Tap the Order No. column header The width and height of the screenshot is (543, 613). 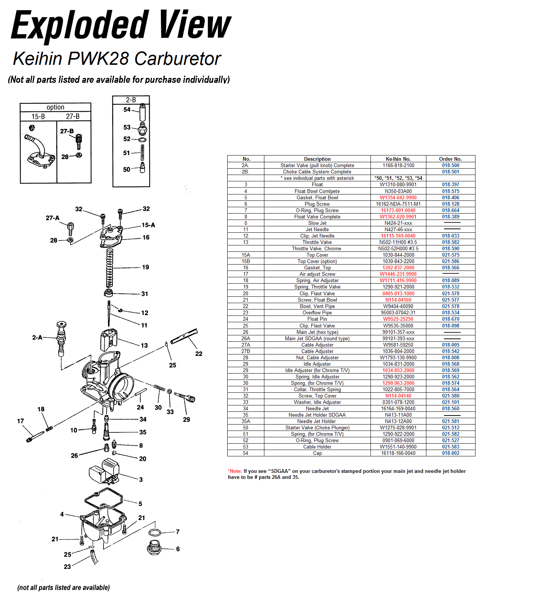pyautogui.click(x=450, y=159)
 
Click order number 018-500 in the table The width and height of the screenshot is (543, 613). pyautogui.click(x=450, y=165)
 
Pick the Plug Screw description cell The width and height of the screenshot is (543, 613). pyautogui.click(x=317, y=204)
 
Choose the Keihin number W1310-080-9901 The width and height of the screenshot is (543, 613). pyautogui.click(x=398, y=184)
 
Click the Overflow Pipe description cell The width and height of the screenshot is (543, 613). pyautogui.click(x=317, y=312)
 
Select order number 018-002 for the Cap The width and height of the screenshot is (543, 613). pyautogui.click(x=450, y=453)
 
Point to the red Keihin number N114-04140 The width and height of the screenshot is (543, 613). pyautogui.click(x=398, y=396)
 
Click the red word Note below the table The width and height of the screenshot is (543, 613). pyautogui.click(x=236, y=471)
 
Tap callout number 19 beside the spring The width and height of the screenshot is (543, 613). pyautogui.click(x=145, y=267)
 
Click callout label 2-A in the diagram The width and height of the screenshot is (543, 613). pyautogui.click(x=37, y=337)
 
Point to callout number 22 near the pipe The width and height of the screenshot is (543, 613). pyautogui.click(x=199, y=353)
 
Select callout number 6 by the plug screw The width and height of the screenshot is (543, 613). pyautogui.click(x=178, y=549)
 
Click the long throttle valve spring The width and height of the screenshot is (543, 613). pyautogui.click(x=109, y=268)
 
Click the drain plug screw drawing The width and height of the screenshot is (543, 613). pyautogui.click(x=154, y=548)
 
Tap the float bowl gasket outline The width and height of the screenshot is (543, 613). pyautogui.click(x=104, y=499)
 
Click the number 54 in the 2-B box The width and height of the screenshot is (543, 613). pyautogui.click(x=127, y=109)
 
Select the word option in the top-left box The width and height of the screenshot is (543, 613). pyautogui.click(x=55, y=107)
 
